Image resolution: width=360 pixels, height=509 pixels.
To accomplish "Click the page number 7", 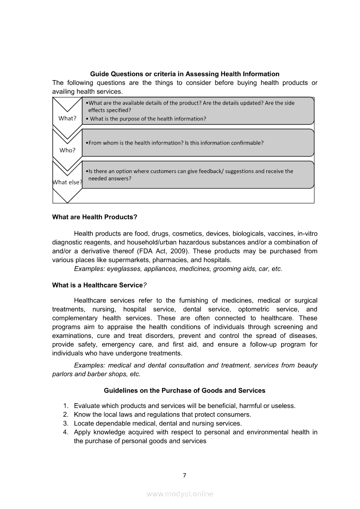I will (x=184, y=475).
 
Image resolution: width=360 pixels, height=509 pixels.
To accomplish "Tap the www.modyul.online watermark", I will (x=180, y=494).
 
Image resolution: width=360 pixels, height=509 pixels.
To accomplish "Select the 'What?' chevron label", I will (x=68, y=118).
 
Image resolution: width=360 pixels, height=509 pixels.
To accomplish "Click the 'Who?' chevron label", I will (x=68, y=150).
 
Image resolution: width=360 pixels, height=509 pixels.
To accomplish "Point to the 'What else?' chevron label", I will (x=68, y=182).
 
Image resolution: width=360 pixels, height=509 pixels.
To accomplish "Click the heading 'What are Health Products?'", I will (x=95, y=217).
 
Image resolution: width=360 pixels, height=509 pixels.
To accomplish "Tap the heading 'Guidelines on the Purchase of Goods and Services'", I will (x=184, y=391).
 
